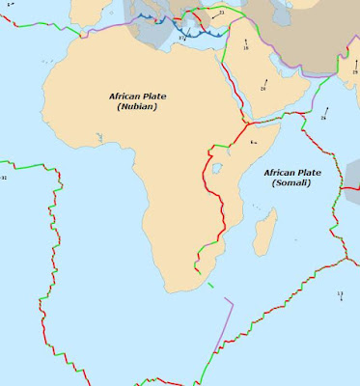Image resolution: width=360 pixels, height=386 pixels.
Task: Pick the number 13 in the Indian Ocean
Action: (340, 293)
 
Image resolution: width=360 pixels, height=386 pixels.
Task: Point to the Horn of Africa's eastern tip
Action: (283, 125)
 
